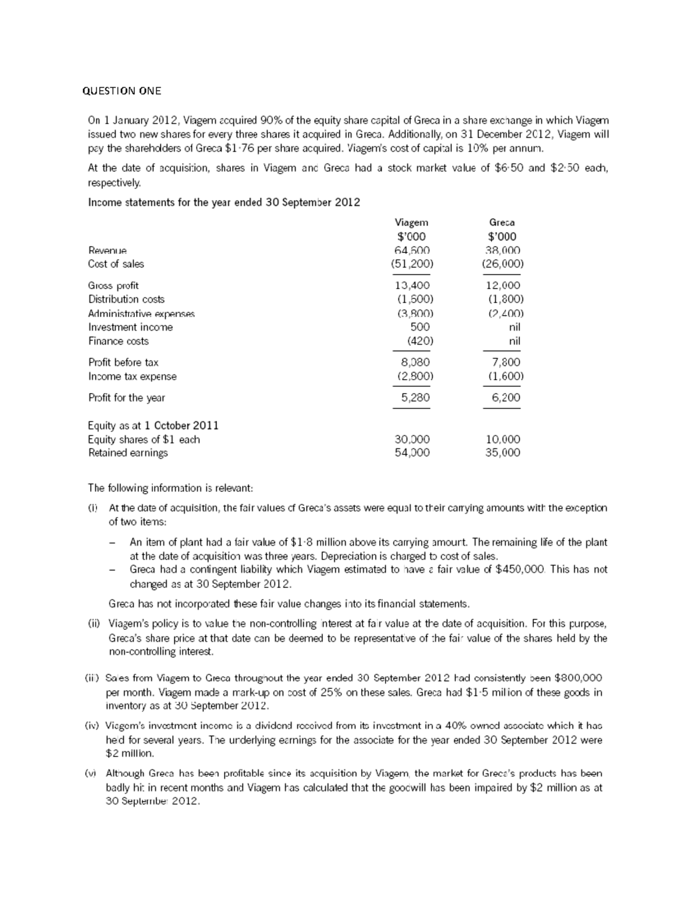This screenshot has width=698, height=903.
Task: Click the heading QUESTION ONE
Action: pyautogui.click(x=121, y=91)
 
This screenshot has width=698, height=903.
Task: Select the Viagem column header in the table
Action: pyautogui.click(x=411, y=222)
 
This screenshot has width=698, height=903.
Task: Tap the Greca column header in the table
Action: pyautogui.click(x=501, y=222)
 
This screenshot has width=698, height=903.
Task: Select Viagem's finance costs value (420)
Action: pyautogui.click(x=420, y=341)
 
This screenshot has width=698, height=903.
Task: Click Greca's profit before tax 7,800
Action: pyautogui.click(x=505, y=362)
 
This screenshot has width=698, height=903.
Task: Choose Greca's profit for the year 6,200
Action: pyautogui.click(x=505, y=398)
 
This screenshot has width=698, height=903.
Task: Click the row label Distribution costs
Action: pyautogui.click(x=126, y=299)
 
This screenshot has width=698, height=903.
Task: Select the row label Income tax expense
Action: pyautogui.click(x=132, y=376)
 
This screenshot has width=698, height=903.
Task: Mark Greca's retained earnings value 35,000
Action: pyautogui.click(x=503, y=453)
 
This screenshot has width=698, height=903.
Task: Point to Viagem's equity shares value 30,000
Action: pyautogui.click(x=412, y=440)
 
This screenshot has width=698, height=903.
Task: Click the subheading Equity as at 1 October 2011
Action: pyautogui.click(x=153, y=426)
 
